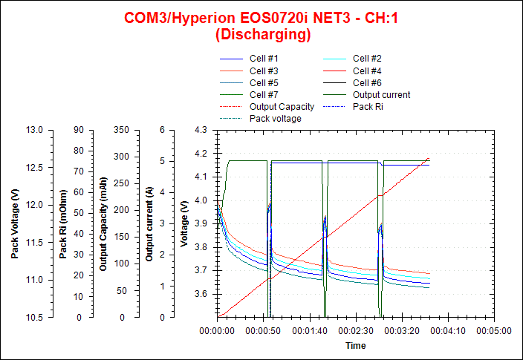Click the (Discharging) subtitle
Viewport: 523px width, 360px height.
tap(262, 34)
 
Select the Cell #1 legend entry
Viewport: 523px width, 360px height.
tap(264, 59)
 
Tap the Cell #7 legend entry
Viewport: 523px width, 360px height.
tap(264, 94)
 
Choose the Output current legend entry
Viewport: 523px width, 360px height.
tap(381, 94)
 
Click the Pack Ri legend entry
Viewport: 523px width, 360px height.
tap(368, 106)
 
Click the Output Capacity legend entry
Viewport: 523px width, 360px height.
tap(282, 106)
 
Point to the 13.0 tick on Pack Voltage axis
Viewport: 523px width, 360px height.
tap(34, 130)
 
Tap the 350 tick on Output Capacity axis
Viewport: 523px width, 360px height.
tap(121, 130)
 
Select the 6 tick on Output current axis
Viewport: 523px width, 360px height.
tap(162, 130)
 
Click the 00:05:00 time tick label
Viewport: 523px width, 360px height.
tap(494, 332)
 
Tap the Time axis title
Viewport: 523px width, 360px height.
tap(355, 346)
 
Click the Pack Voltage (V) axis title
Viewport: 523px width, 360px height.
tap(16, 223)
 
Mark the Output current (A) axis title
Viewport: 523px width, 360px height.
tap(149, 223)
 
